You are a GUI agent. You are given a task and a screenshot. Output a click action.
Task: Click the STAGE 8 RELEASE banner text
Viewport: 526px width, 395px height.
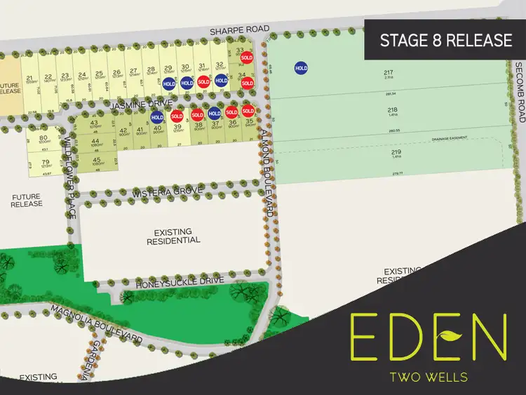[x=446, y=40]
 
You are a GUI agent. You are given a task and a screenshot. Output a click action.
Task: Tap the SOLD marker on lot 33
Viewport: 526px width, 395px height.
[x=247, y=58]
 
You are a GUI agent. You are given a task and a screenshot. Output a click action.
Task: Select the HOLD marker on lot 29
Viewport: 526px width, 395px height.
[x=169, y=83]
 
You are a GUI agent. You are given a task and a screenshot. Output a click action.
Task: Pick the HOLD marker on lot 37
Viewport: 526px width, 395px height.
[x=215, y=113]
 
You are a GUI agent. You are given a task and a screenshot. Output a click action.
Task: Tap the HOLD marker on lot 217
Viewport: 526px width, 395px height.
[x=301, y=68]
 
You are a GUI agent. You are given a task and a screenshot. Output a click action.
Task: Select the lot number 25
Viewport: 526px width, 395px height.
[x=99, y=73]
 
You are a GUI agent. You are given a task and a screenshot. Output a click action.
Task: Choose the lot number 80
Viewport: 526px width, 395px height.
[x=43, y=138]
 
